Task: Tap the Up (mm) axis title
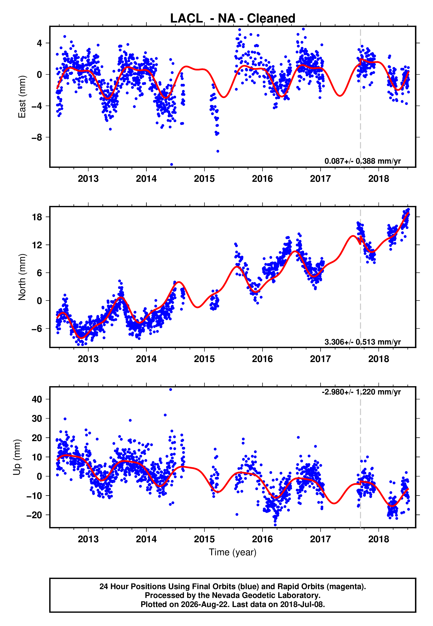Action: [x=17, y=457]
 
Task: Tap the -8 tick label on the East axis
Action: [x=37, y=137]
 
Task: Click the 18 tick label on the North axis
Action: [x=37, y=217]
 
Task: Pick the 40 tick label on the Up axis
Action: [x=37, y=399]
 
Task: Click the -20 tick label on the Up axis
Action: [x=34, y=515]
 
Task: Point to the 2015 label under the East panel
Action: [x=204, y=179]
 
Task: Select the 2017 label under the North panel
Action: [x=320, y=359]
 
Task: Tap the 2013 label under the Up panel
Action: [x=88, y=539]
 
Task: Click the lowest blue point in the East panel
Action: [x=171, y=165]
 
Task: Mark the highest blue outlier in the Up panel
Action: [x=171, y=390]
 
